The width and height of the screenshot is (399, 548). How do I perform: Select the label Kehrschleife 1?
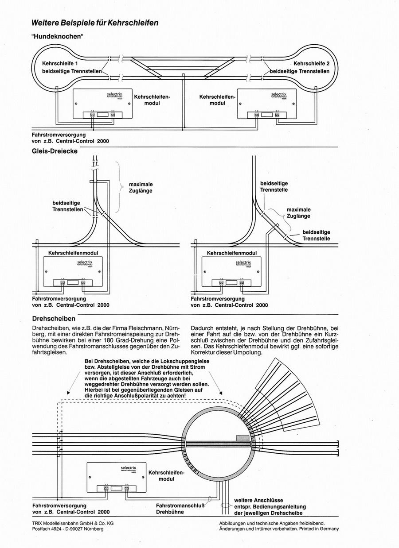pyautogui.click(x=63, y=63)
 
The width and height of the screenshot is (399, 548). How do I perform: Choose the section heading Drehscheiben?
pyautogui.click(x=54, y=318)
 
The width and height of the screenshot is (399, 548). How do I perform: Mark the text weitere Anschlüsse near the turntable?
pyautogui.click(x=258, y=500)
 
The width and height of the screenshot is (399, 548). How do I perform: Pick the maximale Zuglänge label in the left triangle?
pyautogui.click(x=141, y=187)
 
